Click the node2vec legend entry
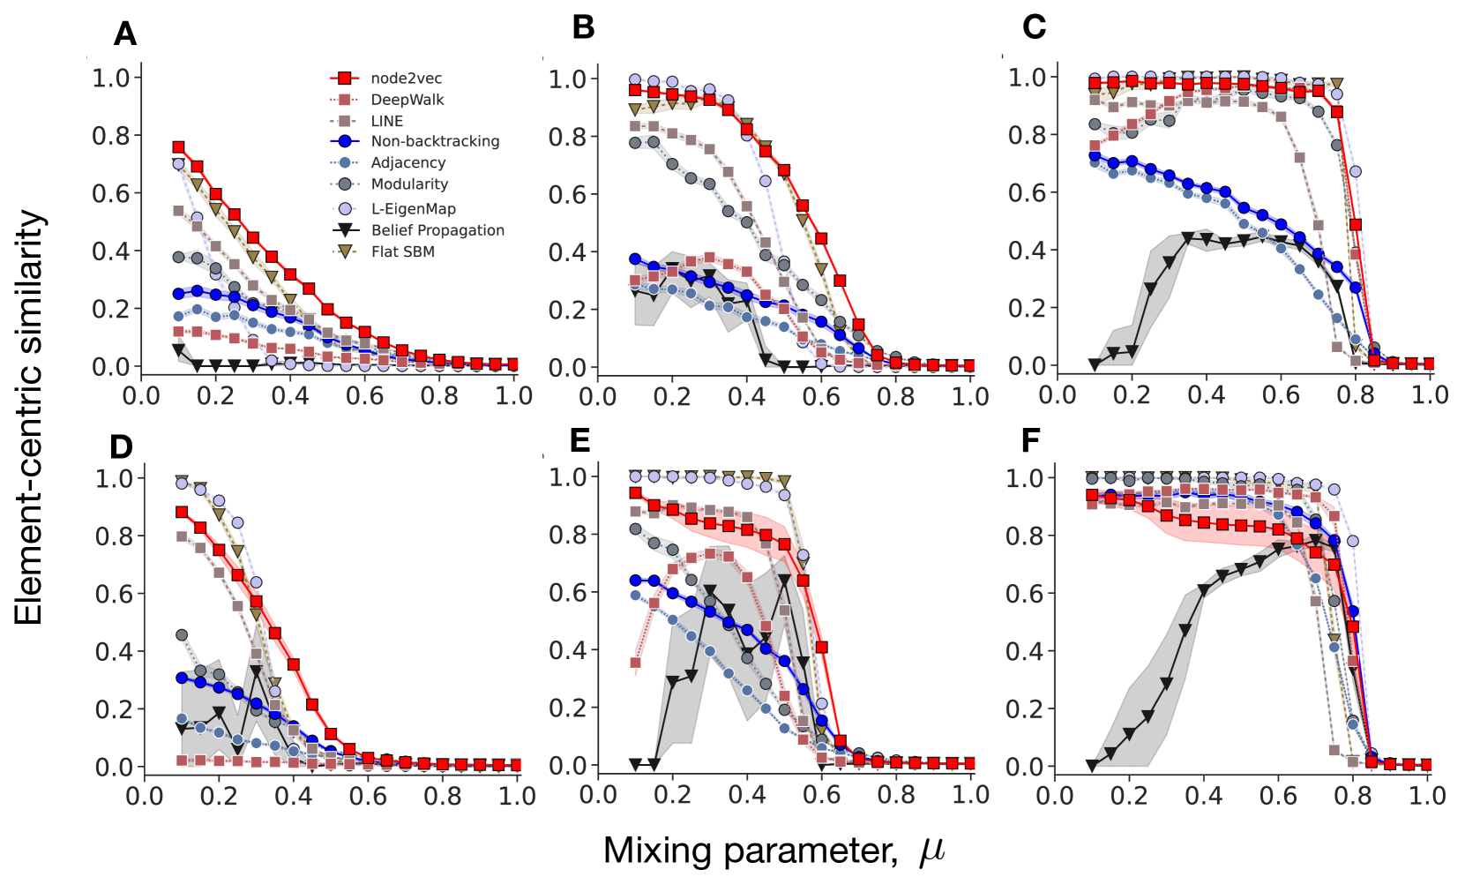(406, 79)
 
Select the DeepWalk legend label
(407, 100)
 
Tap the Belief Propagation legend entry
(437, 230)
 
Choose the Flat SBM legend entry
(402, 251)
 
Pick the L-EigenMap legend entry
(413, 209)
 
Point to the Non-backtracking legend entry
(435, 141)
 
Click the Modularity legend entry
(409, 184)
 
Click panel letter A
(125, 34)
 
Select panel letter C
(1034, 27)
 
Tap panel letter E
(579, 439)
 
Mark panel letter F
(1030, 439)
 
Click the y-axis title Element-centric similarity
(28, 417)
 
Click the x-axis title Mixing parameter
(750, 851)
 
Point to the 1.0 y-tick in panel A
(111, 78)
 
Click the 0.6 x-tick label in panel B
(821, 396)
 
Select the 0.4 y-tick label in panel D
(115, 651)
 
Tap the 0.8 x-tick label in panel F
(1353, 796)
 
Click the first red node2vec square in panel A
(178, 147)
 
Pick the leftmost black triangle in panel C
(1095, 364)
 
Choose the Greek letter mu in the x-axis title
(931, 851)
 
